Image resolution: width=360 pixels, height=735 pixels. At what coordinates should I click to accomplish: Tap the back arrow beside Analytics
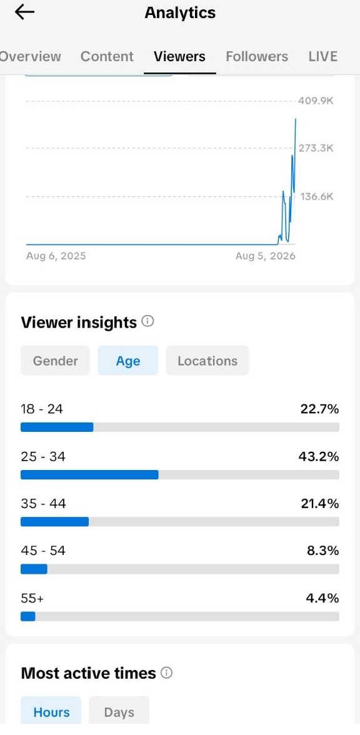tap(24, 12)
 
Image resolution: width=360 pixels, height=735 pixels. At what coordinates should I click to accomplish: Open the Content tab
tap(107, 56)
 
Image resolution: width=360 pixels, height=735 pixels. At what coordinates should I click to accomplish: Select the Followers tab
tap(257, 56)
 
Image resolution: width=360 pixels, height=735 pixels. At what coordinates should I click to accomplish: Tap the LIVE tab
tap(323, 56)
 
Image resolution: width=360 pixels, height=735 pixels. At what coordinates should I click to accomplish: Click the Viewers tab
tap(179, 56)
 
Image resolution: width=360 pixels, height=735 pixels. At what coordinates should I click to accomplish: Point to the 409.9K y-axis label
tap(316, 101)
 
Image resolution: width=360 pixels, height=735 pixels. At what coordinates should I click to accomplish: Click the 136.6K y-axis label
tap(316, 196)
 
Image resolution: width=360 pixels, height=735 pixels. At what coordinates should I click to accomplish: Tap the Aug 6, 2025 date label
tap(56, 256)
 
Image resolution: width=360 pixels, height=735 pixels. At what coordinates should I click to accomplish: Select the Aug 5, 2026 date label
tap(265, 256)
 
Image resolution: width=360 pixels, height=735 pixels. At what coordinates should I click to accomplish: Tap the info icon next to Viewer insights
tap(147, 321)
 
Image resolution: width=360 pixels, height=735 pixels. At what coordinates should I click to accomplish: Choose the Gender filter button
tap(55, 361)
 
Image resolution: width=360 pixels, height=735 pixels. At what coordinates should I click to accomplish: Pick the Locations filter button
tap(207, 361)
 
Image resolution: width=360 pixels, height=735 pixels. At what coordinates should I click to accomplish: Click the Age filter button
tap(128, 361)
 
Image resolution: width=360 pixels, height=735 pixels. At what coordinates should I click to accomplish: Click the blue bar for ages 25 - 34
tap(89, 475)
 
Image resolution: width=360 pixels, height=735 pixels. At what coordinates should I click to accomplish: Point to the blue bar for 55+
tap(27, 616)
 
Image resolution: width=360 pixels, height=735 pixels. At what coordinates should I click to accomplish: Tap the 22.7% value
tap(320, 409)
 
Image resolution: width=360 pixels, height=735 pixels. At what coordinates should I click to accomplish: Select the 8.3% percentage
tap(323, 551)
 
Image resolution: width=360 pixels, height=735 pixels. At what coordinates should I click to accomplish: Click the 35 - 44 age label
tap(43, 504)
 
